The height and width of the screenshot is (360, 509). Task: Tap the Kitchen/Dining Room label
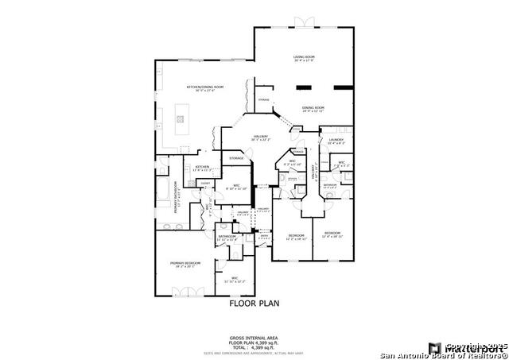[205, 88]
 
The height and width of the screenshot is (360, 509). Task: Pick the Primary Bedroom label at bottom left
[185, 264]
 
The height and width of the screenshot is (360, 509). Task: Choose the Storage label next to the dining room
[264, 100]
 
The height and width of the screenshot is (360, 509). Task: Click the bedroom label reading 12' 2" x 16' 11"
[297, 237]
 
